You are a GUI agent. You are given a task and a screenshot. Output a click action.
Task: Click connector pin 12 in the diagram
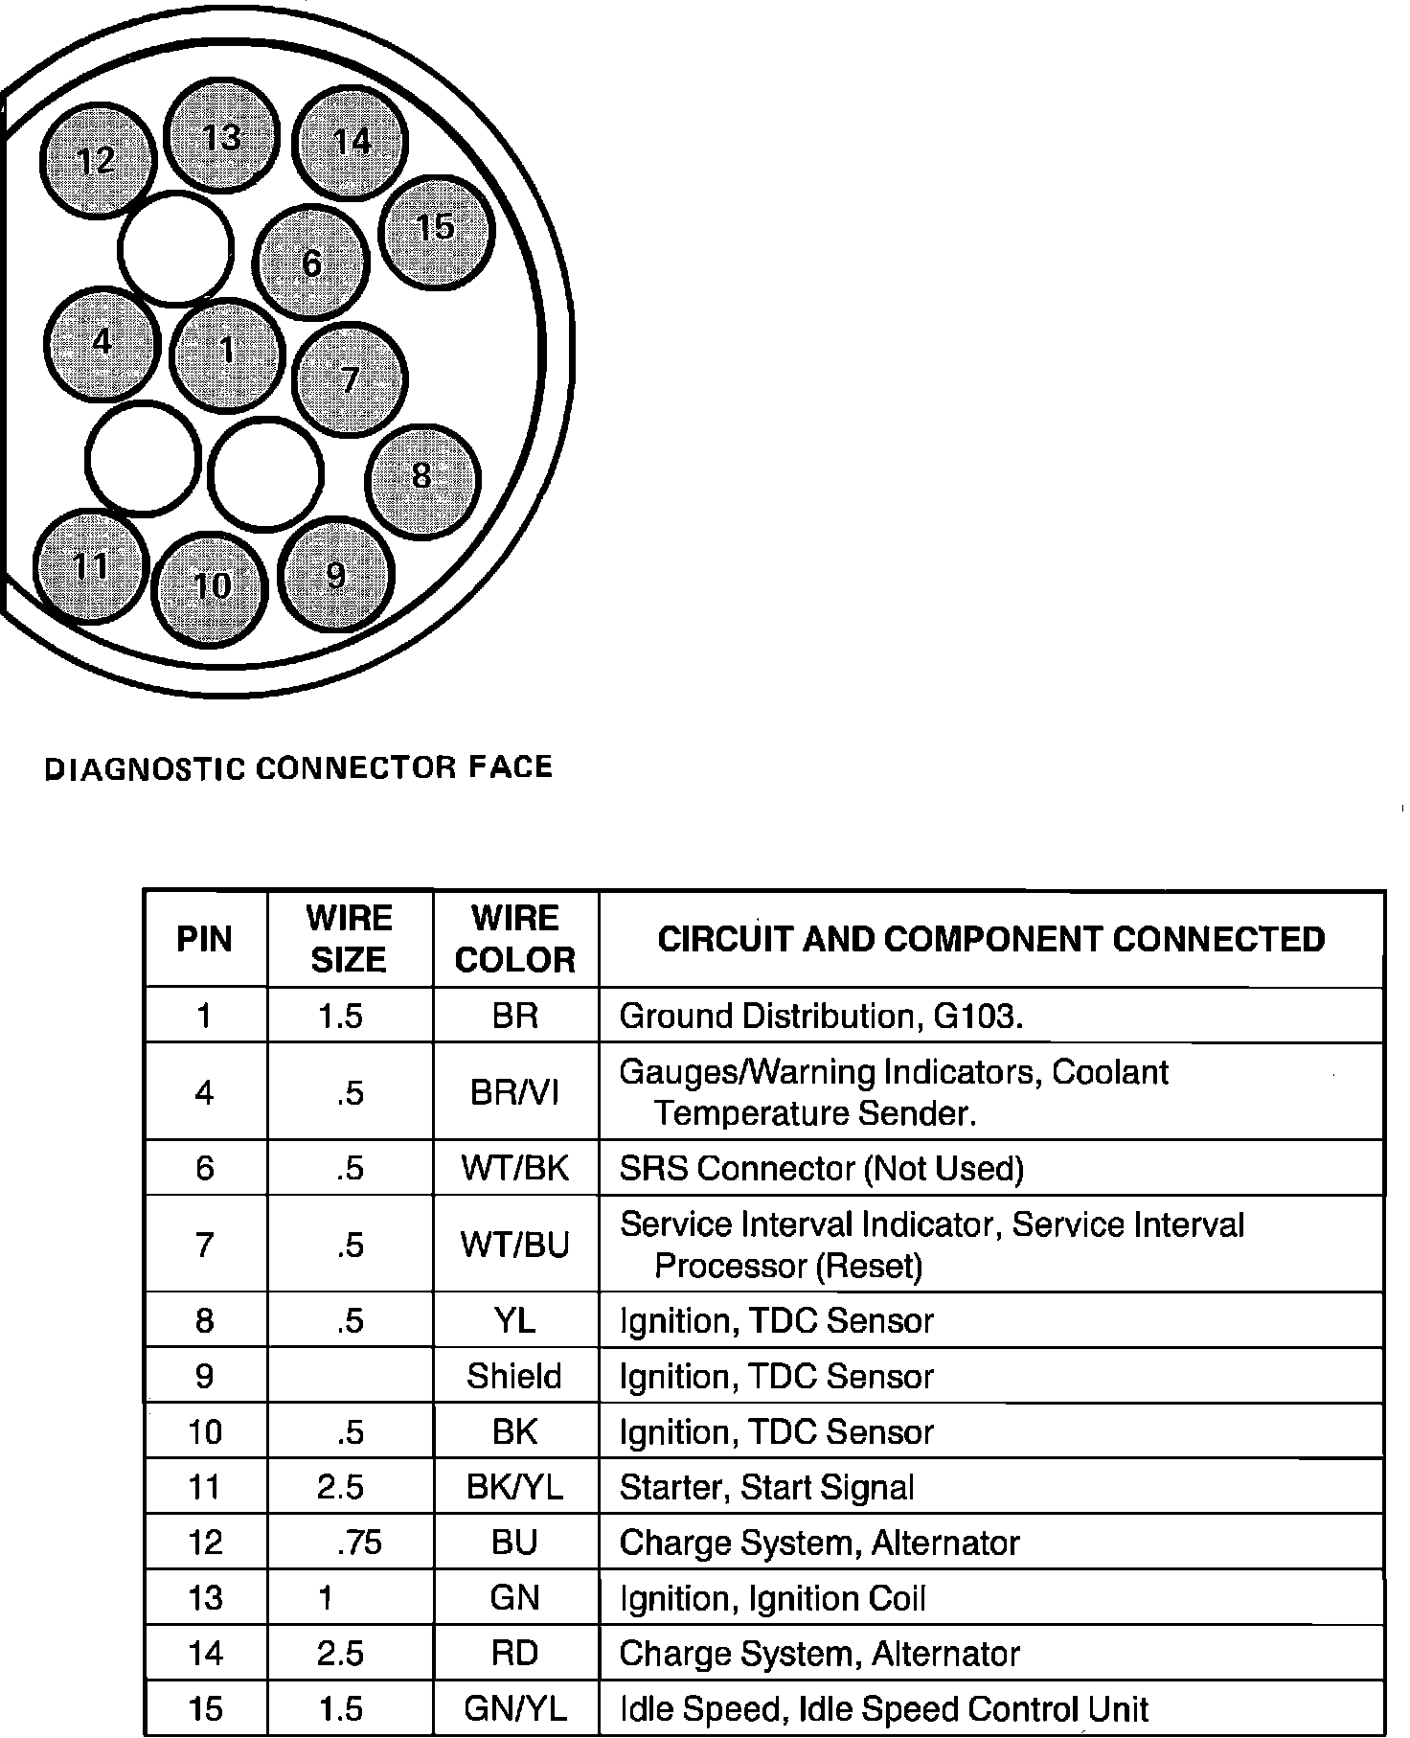coord(97,160)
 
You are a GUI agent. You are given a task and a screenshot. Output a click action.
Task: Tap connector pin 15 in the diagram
coord(436,230)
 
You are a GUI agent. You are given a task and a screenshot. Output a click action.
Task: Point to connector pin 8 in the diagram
coord(422,478)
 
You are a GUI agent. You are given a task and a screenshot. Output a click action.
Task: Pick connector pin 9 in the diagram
coord(335,575)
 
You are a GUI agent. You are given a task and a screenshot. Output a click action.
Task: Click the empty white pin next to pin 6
coord(175,248)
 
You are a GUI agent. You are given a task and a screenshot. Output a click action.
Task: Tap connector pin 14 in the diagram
coord(351,142)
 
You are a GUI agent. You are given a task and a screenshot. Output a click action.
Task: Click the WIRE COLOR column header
coord(515,939)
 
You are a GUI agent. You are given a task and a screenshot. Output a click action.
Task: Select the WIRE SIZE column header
coord(350,939)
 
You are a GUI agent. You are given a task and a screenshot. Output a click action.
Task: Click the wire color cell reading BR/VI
coord(515,1092)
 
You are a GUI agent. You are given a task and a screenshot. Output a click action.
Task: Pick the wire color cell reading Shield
coord(515,1376)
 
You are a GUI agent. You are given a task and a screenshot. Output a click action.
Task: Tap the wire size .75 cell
coord(359,1543)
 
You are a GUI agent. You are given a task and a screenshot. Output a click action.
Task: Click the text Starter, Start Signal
coord(766,1487)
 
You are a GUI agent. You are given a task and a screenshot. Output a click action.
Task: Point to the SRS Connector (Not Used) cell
coord(821,1168)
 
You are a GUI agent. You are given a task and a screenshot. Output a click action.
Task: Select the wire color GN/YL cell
coord(515,1708)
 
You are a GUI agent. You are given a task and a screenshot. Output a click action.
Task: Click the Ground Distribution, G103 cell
coord(821,1016)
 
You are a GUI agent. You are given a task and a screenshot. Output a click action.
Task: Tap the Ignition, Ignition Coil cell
coord(772,1598)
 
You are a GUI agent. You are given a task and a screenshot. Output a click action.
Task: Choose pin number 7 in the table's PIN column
coord(204,1245)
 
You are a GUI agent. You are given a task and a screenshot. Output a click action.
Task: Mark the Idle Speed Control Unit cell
coord(884,1708)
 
